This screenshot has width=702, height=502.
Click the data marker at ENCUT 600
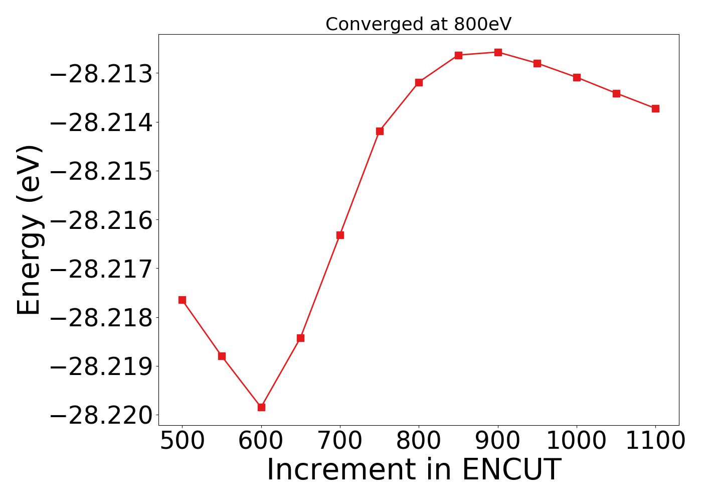[x=261, y=407]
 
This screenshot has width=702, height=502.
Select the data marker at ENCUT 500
[x=182, y=300]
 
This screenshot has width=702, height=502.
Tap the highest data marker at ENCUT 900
[x=498, y=52]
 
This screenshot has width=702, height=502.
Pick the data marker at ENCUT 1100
[x=655, y=108]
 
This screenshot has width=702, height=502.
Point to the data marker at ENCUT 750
[x=380, y=131]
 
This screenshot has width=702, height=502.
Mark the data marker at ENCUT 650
[x=300, y=338]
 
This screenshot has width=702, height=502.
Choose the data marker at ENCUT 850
[x=458, y=55]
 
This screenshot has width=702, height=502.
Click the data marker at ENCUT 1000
[x=577, y=77]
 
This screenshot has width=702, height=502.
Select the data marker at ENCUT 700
[x=340, y=235]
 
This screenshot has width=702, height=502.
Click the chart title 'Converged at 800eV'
[x=418, y=24]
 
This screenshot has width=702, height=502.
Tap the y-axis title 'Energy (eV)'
[x=29, y=230]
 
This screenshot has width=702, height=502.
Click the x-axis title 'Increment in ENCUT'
[x=414, y=470]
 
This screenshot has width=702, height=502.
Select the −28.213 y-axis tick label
[x=101, y=74]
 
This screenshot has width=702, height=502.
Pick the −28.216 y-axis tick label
[x=101, y=220]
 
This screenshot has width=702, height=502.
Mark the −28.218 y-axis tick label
[x=101, y=318]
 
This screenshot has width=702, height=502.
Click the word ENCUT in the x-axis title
[x=510, y=470]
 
